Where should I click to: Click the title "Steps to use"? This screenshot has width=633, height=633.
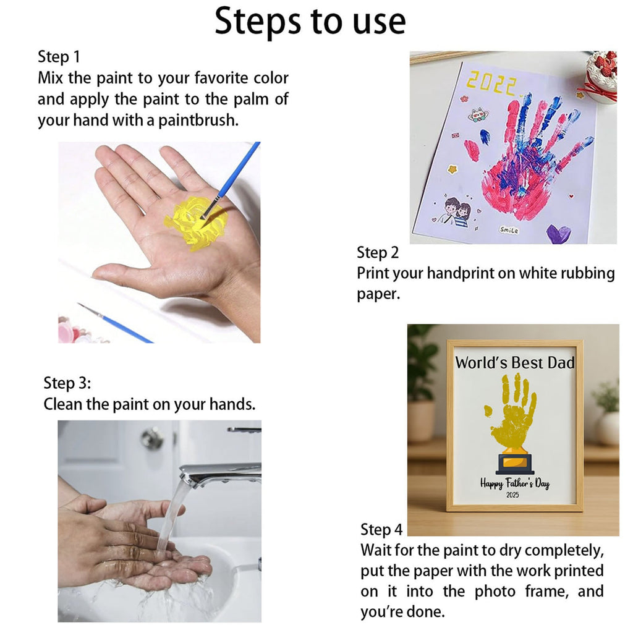[310, 22]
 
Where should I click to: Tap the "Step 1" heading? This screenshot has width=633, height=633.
[59, 57]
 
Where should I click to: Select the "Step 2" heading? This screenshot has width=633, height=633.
[378, 253]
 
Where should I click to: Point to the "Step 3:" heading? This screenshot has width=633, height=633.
[67, 383]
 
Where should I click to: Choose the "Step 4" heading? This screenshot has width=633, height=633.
[381, 529]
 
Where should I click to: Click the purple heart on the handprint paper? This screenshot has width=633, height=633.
[558, 234]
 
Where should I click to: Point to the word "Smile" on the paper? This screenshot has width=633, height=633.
[509, 230]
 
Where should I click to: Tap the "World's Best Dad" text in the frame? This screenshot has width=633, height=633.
[515, 362]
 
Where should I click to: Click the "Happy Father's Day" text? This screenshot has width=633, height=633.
[515, 483]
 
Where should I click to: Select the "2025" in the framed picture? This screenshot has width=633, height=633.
[512, 495]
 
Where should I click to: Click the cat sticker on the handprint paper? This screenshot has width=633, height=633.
[478, 114]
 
